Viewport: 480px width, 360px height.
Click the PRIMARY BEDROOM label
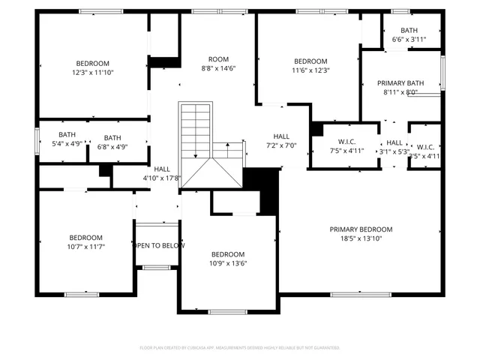pyautogui.click(x=361, y=229)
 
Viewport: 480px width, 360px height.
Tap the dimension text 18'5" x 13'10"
pyautogui.click(x=361, y=238)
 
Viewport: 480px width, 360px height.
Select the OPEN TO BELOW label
pyautogui.click(x=158, y=245)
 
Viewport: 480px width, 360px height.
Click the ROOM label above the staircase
pyautogui.click(x=218, y=59)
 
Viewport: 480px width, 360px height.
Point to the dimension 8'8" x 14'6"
pyautogui.click(x=218, y=68)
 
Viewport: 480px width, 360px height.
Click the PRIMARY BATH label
pyautogui.click(x=400, y=83)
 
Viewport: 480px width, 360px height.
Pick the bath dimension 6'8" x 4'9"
pyautogui.click(x=112, y=146)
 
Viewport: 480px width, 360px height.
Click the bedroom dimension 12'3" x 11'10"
pyautogui.click(x=92, y=72)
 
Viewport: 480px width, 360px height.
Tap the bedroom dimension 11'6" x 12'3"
pyautogui.click(x=310, y=70)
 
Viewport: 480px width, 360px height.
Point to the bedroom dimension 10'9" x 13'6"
pyautogui.click(x=227, y=263)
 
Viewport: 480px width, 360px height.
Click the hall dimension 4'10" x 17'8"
pyautogui.click(x=162, y=178)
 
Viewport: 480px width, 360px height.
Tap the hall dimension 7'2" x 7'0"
pyautogui.click(x=281, y=145)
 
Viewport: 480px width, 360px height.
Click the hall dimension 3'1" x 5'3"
pyautogui.click(x=394, y=151)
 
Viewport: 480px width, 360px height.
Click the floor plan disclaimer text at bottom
pyautogui.click(x=240, y=348)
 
